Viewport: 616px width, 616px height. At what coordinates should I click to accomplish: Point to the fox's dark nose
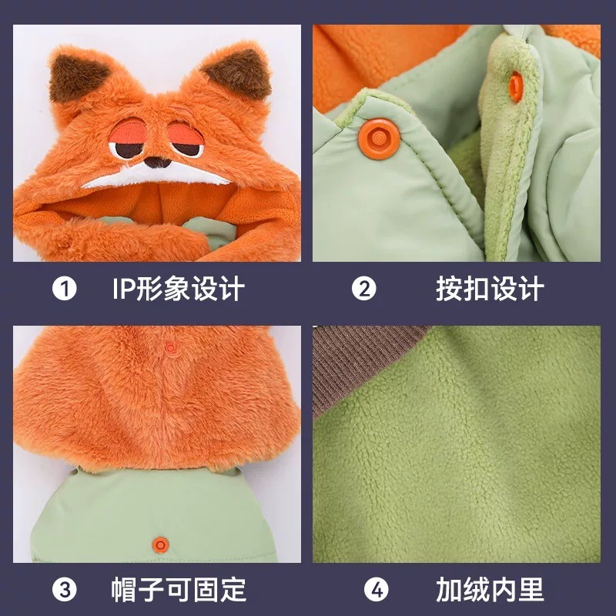pyautogui.click(x=157, y=162)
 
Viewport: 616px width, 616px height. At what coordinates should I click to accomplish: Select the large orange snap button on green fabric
pyautogui.click(x=379, y=139)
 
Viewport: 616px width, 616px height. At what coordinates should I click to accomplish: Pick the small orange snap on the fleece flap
pyautogui.click(x=516, y=87)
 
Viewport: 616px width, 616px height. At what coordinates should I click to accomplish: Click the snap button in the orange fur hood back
pyautogui.click(x=170, y=348)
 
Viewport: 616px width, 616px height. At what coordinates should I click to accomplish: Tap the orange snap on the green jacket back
pyautogui.click(x=160, y=545)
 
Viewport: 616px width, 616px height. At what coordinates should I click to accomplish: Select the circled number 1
pyautogui.click(x=65, y=289)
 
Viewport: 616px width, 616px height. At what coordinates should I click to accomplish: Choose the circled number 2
pyautogui.click(x=363, y=289)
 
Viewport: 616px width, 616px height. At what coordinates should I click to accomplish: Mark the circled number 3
pyautogui.click(x=65, y=589)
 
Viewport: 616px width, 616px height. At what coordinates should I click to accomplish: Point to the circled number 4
pyautogui.click(x=376, y=589)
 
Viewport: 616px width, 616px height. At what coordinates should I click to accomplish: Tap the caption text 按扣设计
pyautogui.click(x=490, y=289)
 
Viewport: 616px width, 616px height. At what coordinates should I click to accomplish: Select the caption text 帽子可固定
pyautogui.click(x=179, y=589)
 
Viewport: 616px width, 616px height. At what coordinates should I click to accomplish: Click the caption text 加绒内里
pyautogui.click(x=490, y=589)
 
